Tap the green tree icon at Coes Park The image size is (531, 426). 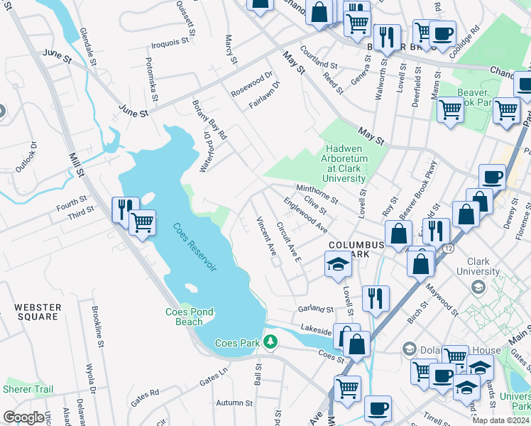click(x=270, y=342)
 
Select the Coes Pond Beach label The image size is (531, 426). click(x=189, y=317)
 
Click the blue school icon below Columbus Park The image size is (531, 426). click(x=338, y=266)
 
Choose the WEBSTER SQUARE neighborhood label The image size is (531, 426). click(x=38, y=312)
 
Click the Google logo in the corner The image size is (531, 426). click(x=24, y=417)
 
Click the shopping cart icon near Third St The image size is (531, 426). click(x=142, y=222)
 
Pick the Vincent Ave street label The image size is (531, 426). click(x=266, y=236)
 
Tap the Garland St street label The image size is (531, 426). click(x=315, y=310)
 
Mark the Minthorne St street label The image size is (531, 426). click(x=316, y=193)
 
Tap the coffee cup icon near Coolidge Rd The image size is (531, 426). click(x=443, y=34)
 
